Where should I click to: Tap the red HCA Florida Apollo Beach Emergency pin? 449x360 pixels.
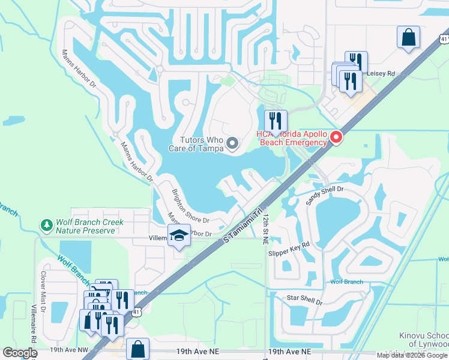336,138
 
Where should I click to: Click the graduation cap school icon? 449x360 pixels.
178,236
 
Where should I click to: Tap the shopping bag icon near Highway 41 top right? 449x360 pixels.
408,37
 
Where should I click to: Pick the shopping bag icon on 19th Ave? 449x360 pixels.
138,347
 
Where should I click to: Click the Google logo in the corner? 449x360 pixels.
20,353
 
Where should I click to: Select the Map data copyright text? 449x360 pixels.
411,355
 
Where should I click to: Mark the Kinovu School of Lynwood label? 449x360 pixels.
424,340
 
